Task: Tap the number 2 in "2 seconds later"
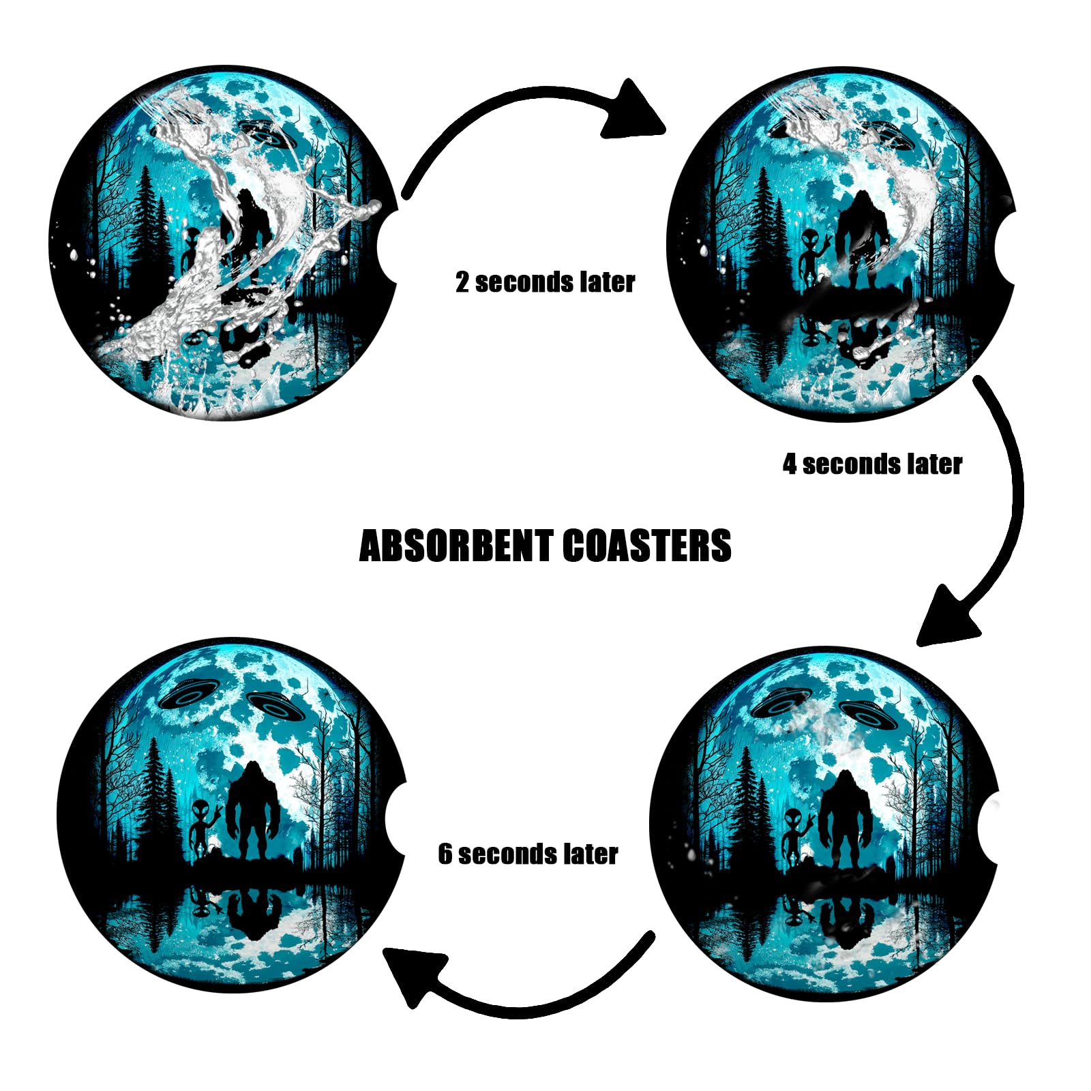462,282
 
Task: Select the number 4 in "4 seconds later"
790,464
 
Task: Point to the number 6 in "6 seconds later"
445,854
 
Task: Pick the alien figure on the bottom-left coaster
202,828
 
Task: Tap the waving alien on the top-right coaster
811,256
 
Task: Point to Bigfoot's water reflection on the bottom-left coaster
254,914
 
